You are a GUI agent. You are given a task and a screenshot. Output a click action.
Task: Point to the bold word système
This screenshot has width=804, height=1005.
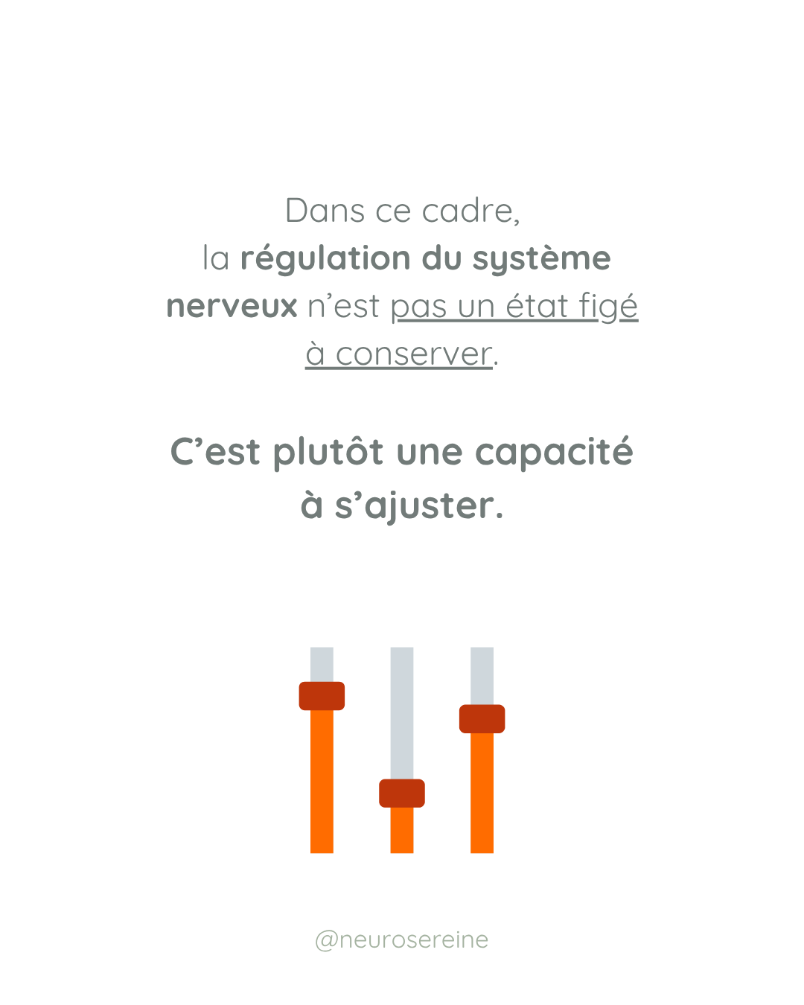[x=541, y=259]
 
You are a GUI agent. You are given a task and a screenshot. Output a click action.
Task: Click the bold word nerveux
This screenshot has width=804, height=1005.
[x=232, y=307]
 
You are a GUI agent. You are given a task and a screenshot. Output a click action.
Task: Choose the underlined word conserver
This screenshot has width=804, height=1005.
[x=414, y=354]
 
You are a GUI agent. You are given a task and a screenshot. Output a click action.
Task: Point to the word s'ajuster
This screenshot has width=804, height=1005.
[x=414, y=506]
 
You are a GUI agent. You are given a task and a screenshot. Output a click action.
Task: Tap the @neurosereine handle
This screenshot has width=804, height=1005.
[x=402, y=939]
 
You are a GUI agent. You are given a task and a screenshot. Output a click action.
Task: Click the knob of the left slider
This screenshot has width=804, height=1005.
[x=322, y=696]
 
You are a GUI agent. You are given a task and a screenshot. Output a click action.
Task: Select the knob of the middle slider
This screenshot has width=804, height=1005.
[x=402, y=794]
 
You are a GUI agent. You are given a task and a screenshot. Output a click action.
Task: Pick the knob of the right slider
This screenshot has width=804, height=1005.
[x=482, y=719]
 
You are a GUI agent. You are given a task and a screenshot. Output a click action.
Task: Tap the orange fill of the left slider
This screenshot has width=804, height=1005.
[x=322, y=782]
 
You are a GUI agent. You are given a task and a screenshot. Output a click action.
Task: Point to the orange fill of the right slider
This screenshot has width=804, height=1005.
[x=482, y=793]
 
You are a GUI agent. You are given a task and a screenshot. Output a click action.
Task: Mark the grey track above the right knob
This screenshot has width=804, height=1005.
[x=482, y=674]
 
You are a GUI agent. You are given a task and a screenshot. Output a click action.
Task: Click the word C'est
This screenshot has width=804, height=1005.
[x=215, y=453]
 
